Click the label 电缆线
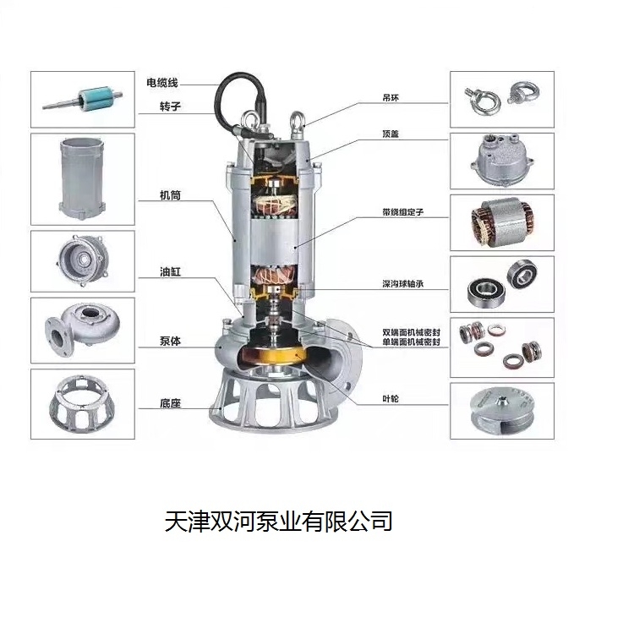click(x=162, y=83)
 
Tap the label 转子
click(x=170, y=107)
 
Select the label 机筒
click(x=170, y=195)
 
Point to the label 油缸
click(x=170, y=271)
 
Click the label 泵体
click(x=170, y=342)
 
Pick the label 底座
click(x=170, y=403)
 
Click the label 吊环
click(x=391, y=97)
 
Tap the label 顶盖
click(x=391, y=134)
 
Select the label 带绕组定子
click(x=402, y=212)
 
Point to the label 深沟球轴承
click(x=402, y=284)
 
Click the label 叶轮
click(x=391, y=399)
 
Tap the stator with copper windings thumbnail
click(x=502, y=223)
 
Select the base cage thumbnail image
click(x=82, y=403)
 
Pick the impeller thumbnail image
click(x=502, y=411)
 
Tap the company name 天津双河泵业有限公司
click(x=279, y=521)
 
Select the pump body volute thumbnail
click(x=82, y=330)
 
